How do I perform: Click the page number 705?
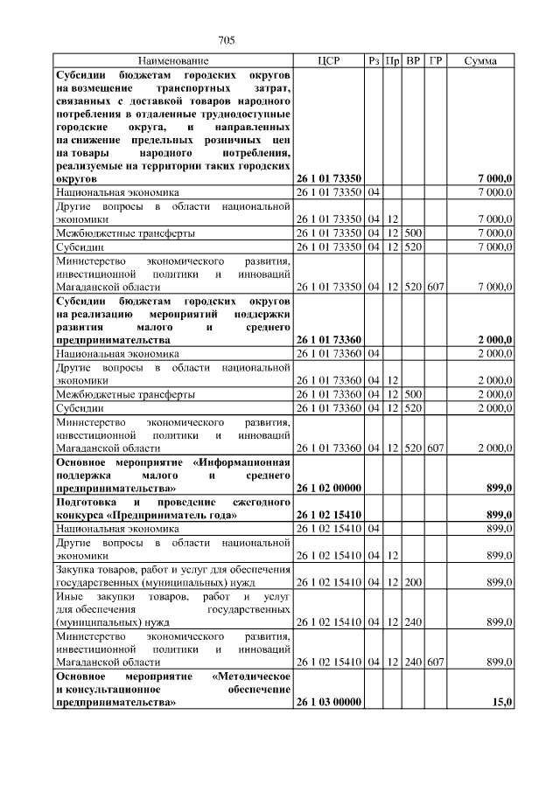(x=226, y=40)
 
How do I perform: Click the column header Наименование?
(x=173, y=61)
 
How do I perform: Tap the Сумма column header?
(x=481, y=61)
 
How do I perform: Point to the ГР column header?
(x=437, y=61)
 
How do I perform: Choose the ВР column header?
(x=414, y=61)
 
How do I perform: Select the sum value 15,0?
(x=502, y=702)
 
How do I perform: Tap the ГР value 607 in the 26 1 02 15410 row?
(x=437, y=662)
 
